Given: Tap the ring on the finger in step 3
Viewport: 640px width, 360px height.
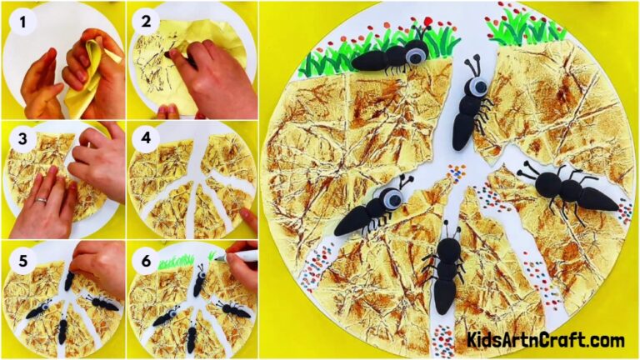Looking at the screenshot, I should [42, 200].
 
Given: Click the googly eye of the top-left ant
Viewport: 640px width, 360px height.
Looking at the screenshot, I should [414, 56].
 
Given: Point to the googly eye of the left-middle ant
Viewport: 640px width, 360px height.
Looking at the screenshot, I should [390, 198].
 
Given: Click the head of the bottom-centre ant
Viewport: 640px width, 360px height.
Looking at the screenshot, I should [449, 247].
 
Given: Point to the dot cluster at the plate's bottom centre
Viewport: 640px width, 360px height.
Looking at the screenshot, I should [443, 338].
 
